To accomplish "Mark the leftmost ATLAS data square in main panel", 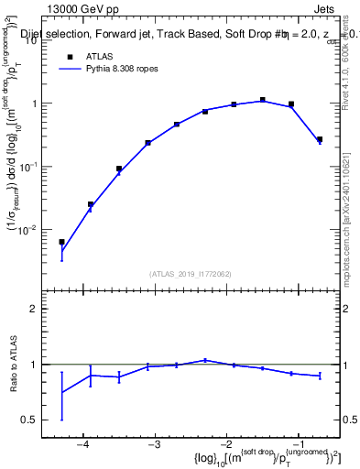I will click(x=62, y=242).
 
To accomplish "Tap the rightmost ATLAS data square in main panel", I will click(x=320, y=139).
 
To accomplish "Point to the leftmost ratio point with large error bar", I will click(x=62, y=393).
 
